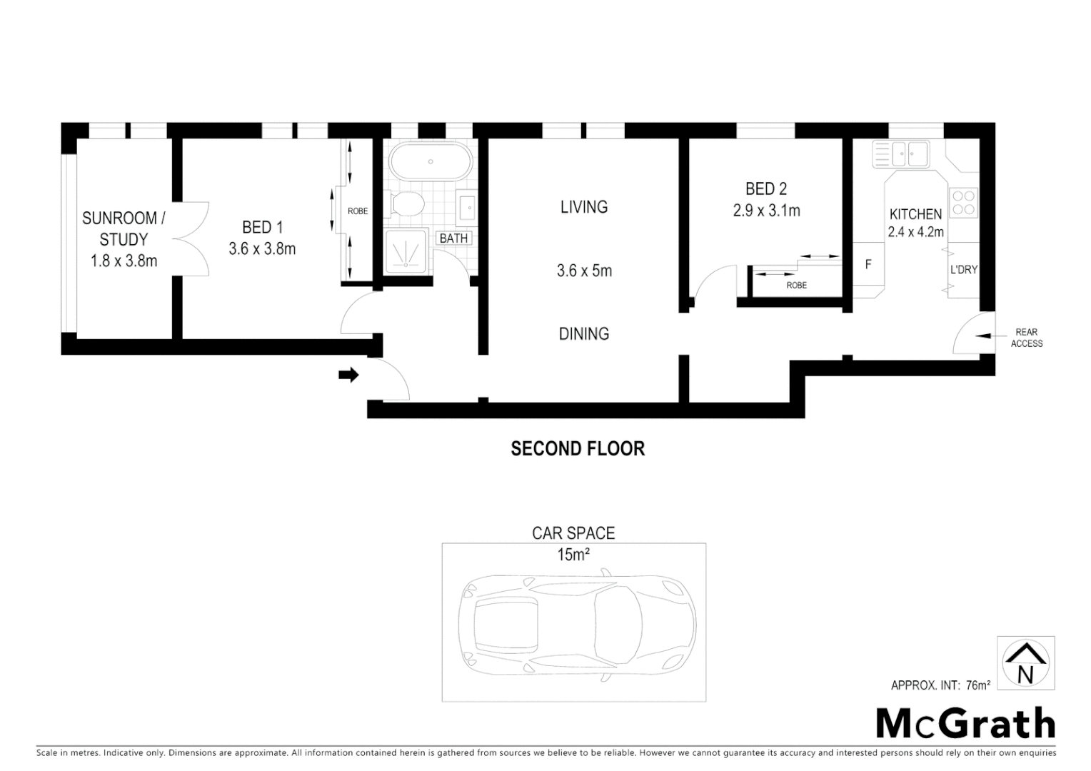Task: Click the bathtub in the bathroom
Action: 431,162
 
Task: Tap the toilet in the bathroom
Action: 408,203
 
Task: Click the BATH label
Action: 453,238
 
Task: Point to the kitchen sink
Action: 902,153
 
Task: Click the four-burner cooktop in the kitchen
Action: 963,201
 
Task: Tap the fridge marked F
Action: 868,265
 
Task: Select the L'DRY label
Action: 963,270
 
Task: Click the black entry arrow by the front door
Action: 348,375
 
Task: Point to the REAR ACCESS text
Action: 1026,338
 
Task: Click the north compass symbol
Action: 1025,662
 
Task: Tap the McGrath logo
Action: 965,724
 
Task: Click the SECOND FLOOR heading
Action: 578,448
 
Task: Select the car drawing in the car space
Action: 576,623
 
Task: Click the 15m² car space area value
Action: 573,555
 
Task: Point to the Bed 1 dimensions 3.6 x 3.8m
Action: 262,249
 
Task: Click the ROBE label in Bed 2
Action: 797,285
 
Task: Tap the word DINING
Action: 583,333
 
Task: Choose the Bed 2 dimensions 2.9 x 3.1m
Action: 766,211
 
